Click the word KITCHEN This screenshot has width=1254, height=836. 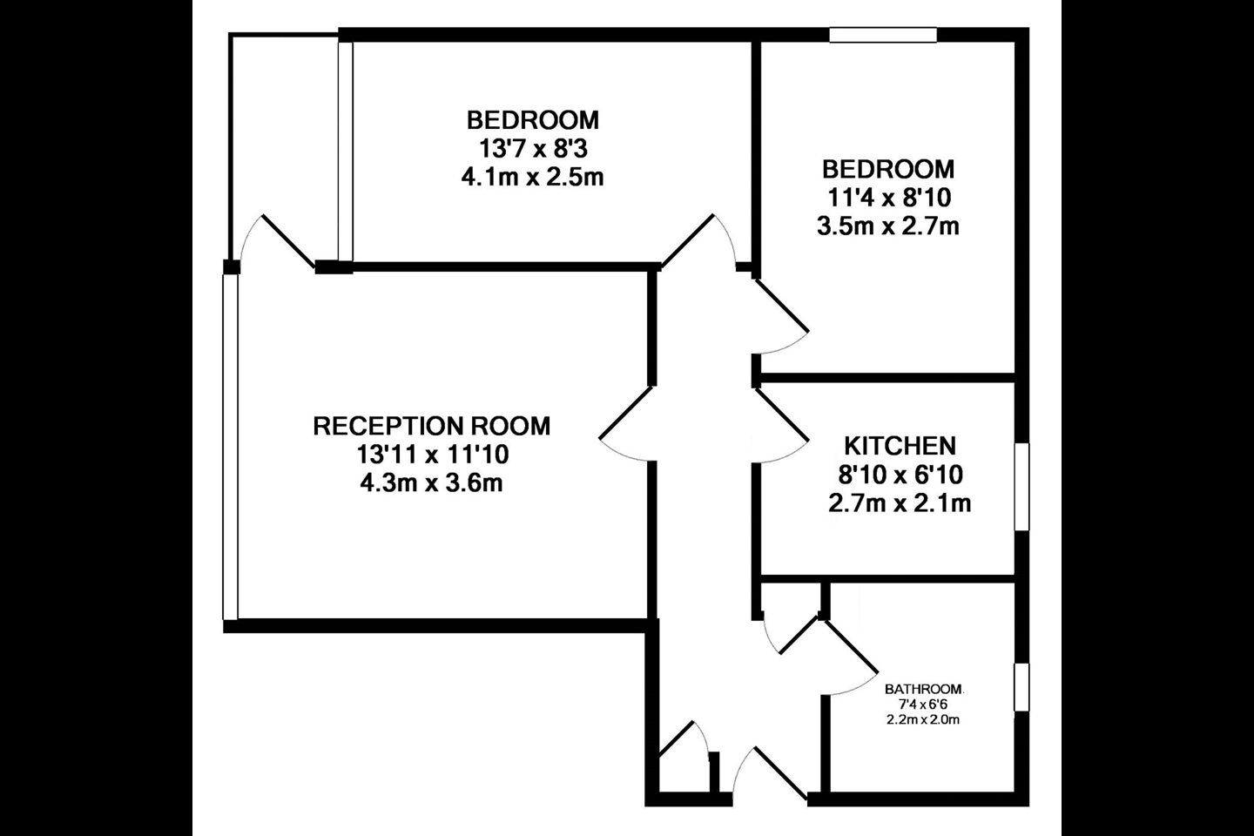[x=900, y=446]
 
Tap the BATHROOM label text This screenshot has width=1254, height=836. [x=924, y=690]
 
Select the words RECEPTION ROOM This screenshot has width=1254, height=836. [x=431, y=426]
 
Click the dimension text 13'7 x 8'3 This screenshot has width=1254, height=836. [x=532, y=148]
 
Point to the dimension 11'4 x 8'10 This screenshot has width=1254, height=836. [x=888, y=198]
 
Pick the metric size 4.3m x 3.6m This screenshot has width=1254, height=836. [x=431, y=482]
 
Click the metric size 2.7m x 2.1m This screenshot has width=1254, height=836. [x=900, y=503]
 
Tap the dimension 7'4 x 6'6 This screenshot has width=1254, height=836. [x=924, y=705]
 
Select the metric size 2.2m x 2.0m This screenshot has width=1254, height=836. [x=924, y=719]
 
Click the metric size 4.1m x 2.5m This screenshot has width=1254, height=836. [x=532, y=178]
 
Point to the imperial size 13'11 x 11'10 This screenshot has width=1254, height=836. [x=431, y=455]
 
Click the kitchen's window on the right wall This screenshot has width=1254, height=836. [x=1022, y=486]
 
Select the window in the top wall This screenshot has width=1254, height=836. [x=882, y=35]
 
